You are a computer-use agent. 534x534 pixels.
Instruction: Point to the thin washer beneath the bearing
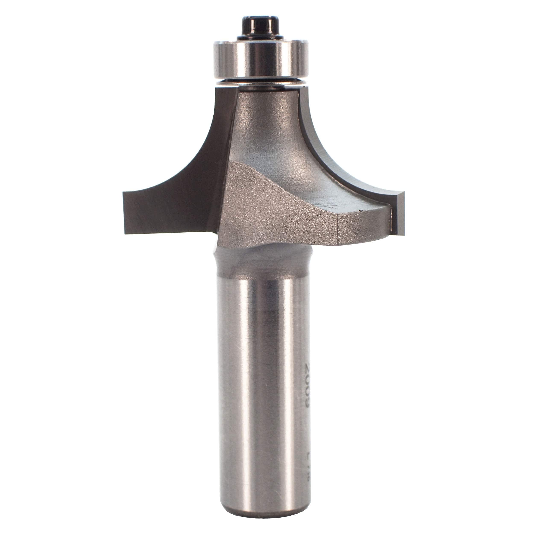pyautogui.click(x=261, y=83)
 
